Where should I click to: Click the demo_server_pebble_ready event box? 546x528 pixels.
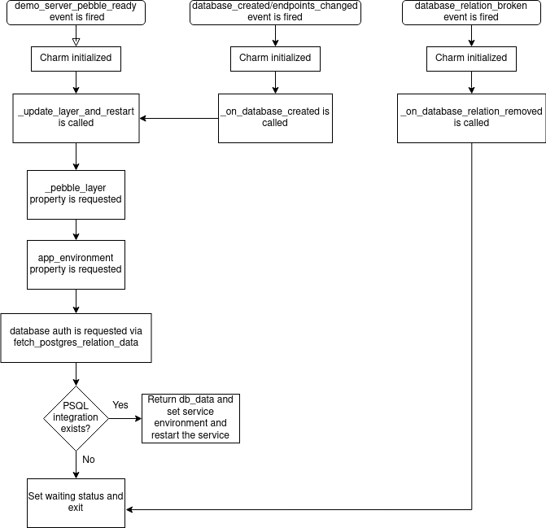coord(76,12)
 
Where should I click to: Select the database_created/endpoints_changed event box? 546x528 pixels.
coord(275,12)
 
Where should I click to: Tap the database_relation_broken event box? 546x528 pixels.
coord(471,12)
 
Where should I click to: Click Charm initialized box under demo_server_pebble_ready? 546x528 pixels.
coord(76,59)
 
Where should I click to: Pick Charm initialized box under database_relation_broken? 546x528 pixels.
coord(471,59)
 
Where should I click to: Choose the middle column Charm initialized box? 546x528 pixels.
coord(275,59)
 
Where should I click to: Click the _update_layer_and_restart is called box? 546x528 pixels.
coord(76,118)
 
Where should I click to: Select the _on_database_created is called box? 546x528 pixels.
coord(275,118)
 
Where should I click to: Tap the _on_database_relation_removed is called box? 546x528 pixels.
coord(471,118)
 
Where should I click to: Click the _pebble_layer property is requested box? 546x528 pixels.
coord(76,194)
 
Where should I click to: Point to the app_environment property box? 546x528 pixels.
coord(76,264)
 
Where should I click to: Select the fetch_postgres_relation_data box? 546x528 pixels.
coord(76,338)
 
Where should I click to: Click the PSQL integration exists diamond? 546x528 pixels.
coord(76,417)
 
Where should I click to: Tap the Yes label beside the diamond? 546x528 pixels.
coord(120,405)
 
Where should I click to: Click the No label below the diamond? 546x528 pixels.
coord(88,460)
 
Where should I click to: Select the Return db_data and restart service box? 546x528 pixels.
coord(190,417)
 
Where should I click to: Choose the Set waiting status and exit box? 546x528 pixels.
coord(76,502)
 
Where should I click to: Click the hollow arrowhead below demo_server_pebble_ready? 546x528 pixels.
coord(76,41)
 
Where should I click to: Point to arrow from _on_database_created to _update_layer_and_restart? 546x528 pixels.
coord(179,119)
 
